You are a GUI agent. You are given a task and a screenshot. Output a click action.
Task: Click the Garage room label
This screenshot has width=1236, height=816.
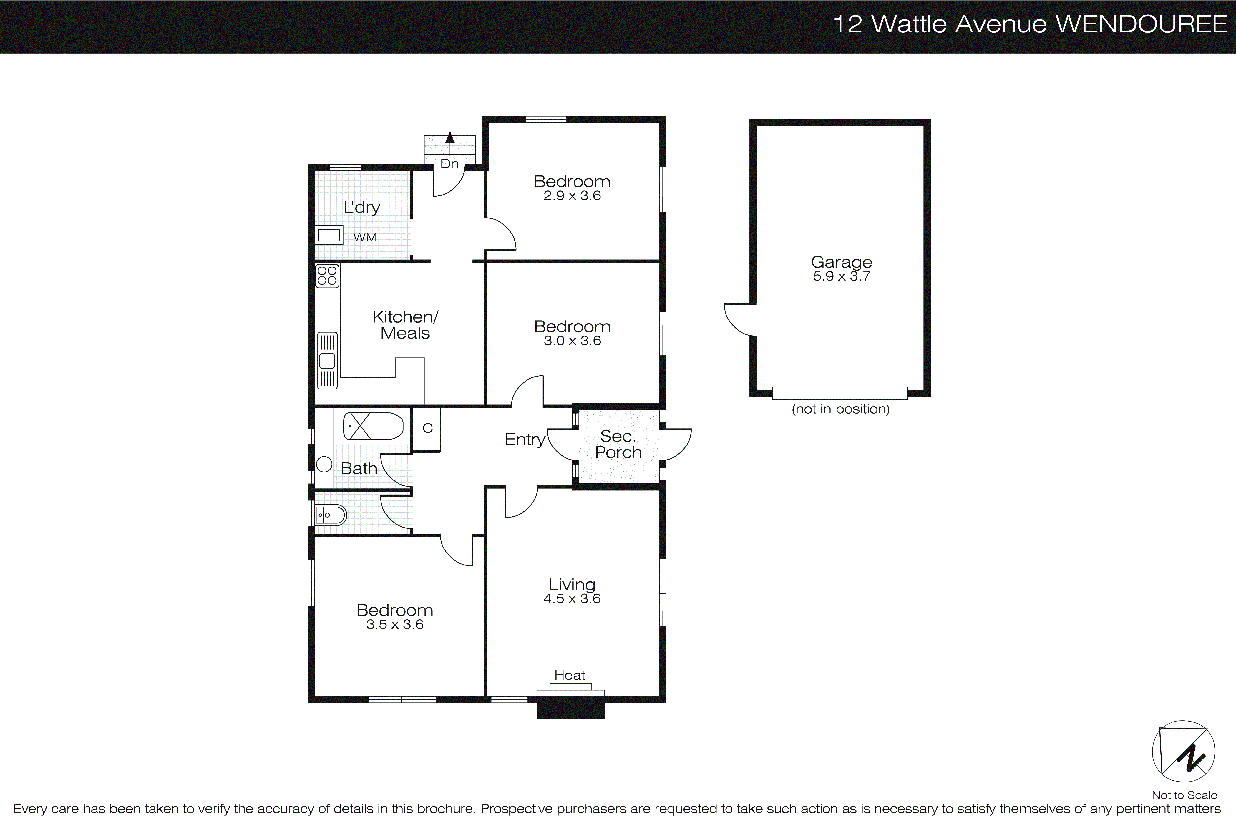click(x=841, y=262)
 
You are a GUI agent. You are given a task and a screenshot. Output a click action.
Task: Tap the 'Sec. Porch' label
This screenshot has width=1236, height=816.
click(x=618, y=444)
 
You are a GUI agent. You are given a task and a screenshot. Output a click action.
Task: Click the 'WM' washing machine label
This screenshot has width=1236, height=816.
click(x=365, y=237)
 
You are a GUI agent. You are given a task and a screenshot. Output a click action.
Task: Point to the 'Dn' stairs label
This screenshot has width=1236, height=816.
click(x=449, y=164)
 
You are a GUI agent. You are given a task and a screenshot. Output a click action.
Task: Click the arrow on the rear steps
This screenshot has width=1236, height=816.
click(x=450, y=137)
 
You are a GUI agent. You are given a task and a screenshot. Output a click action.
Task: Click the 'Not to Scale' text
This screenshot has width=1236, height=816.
click(x=1184, y=795)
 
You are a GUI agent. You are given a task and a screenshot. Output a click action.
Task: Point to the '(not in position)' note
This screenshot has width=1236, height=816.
click(x=840, y=409)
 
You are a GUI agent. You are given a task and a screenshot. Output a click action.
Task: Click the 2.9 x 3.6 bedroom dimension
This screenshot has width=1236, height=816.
click(x=572, y=196)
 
